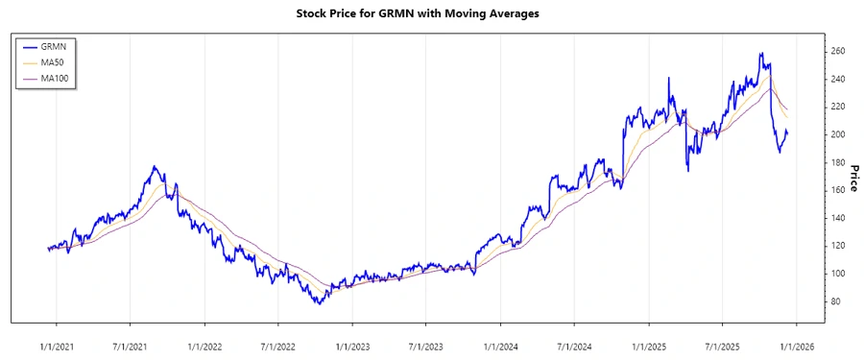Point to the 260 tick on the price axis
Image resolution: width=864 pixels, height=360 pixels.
837,51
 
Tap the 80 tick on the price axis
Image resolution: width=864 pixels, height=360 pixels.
834,301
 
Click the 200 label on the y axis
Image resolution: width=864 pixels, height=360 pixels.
837,134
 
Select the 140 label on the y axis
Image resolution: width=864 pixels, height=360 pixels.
837,218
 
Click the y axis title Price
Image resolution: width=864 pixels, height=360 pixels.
853,177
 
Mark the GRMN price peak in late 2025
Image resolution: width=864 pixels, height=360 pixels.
760,54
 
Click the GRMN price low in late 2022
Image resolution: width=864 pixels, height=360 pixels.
319,303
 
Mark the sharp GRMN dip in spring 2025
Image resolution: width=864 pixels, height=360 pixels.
687,171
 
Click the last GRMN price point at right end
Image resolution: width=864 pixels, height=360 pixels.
787,132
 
